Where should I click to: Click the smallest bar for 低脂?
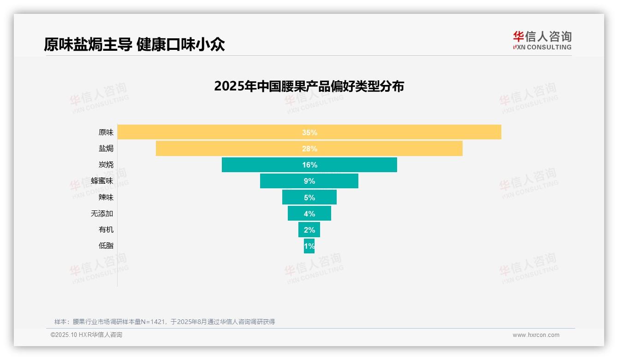click(306, 246)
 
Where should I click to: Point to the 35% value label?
click(309, 132)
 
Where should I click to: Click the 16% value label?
click(309, 165)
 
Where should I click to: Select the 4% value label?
click(309, 214)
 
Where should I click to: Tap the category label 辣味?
click(106, 198)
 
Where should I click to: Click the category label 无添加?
click(102, 214)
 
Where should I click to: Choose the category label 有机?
click(106, 230)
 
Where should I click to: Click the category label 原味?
click(106, 132)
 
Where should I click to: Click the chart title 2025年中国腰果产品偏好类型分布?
click(309, 86)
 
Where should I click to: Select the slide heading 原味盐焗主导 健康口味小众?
click(134, 44)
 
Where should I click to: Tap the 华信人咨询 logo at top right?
click(542, 40)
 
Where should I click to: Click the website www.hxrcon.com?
click(536, 335)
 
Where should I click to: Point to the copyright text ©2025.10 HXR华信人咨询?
click(86, 335)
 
